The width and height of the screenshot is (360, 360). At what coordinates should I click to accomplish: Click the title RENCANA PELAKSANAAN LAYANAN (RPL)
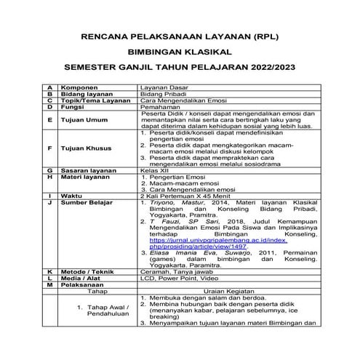coord(180,35)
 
